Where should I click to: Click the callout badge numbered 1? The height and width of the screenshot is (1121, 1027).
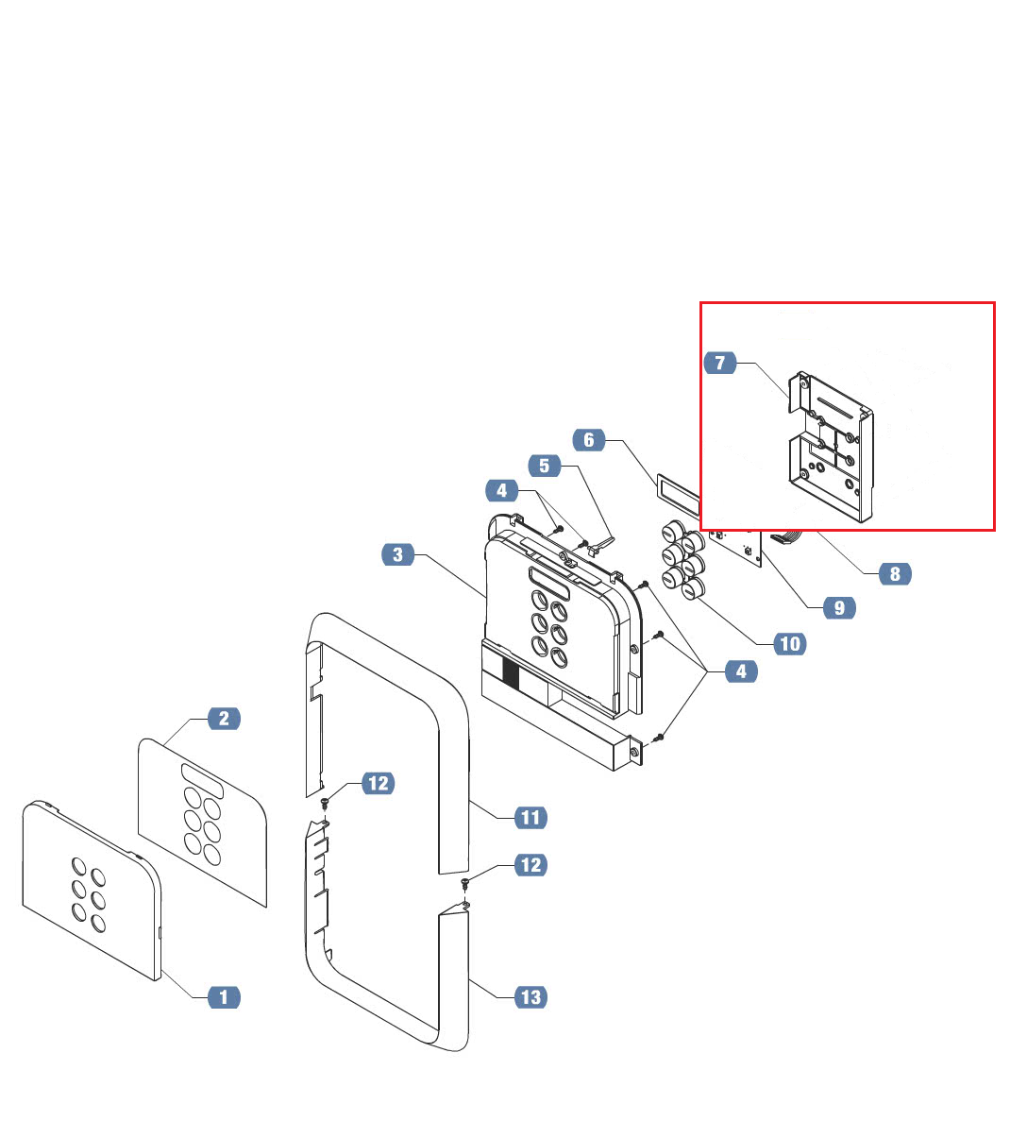pos(224,996)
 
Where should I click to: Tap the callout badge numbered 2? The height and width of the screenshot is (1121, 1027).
pos(224,719)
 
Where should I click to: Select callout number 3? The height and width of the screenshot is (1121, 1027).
pos(398,554)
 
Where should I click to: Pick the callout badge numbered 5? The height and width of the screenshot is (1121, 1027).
pos(544,466)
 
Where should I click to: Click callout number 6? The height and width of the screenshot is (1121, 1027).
pos(589,440)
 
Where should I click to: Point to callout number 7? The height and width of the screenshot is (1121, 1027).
pos(720,363)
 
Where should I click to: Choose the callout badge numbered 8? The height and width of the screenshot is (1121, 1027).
pos(895,573)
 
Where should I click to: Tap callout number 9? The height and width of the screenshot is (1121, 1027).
pos(839,608)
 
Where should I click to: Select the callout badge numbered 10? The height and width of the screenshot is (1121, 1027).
pos(789,644)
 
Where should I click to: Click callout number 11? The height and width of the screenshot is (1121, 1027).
pos(530,818)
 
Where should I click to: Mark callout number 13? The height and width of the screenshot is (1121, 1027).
pos(531,996)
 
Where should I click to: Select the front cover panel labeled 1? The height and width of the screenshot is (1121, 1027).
pos(90,888)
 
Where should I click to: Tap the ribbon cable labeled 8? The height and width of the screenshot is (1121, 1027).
pos(786,538)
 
